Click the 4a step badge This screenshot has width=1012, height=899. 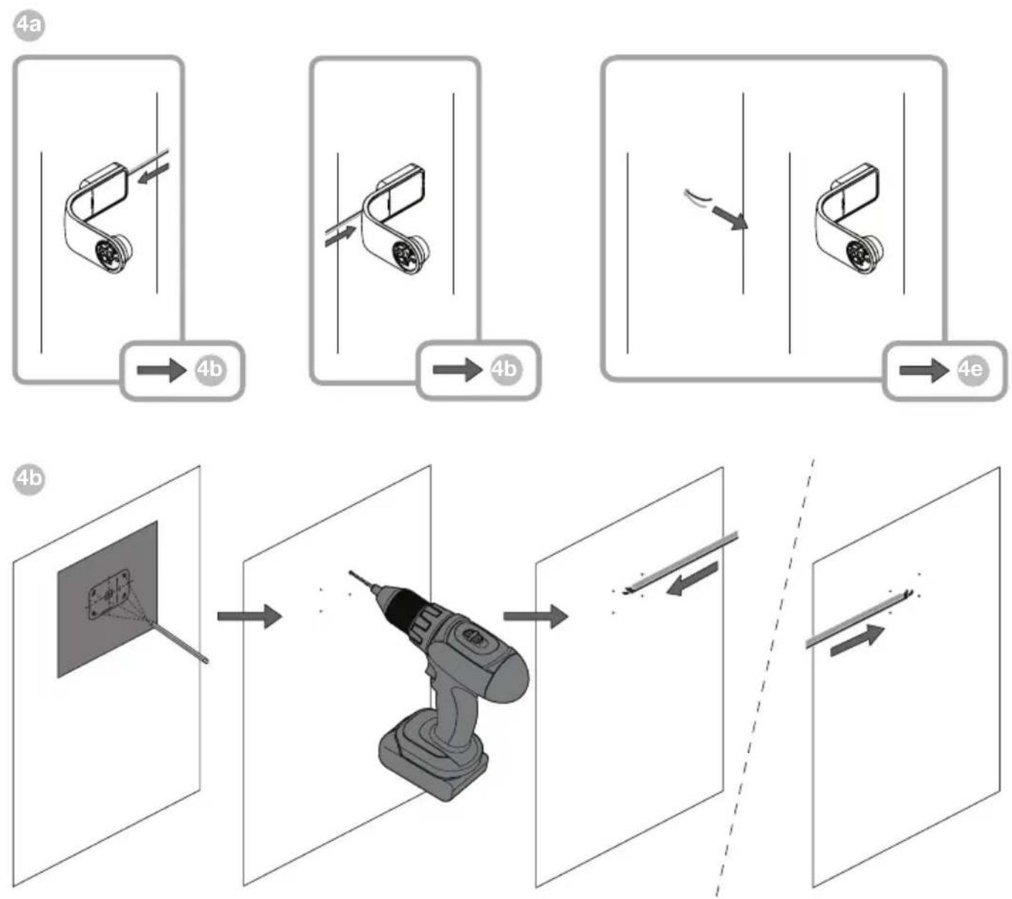tap(29, 25)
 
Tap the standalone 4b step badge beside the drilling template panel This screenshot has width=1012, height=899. tap(29, 478)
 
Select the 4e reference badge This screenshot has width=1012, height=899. tap(973, 369)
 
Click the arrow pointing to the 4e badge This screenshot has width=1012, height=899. tap(924, 371)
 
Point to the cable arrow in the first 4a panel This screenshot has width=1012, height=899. tap(153, 173)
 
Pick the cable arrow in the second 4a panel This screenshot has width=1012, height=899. tap(340, 236)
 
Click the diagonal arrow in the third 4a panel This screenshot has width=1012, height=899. tap(730, 218)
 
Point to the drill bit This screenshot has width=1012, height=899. tap(365, 582)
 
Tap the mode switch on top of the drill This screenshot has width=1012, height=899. tap(470, 637)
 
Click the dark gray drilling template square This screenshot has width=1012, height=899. tap(108, 599)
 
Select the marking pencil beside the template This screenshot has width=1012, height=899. tap(180, 642)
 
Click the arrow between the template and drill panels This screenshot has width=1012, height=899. tap(249, 616)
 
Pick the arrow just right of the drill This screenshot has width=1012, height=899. tap(535, 616)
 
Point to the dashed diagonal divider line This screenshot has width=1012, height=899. tap(765, 678)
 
